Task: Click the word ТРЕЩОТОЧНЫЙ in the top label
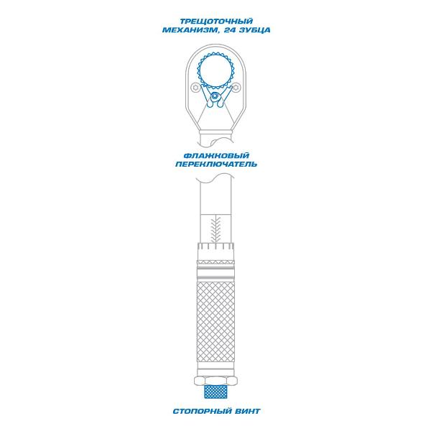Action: point(216,21)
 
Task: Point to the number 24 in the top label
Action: point(230,30)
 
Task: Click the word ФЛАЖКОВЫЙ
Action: point(216,156)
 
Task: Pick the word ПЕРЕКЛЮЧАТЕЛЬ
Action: point(216,164)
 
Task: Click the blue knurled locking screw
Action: point(215,391)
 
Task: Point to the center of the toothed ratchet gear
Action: point(215,71)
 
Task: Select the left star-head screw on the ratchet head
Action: point(195,88)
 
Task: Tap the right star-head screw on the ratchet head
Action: point(236,88)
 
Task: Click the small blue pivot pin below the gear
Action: point(214,97)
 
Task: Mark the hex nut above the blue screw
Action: point(215,381)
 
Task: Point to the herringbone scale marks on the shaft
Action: point(215,229)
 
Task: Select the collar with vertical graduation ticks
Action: point(215,249)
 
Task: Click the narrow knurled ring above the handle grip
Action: point(215,261)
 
